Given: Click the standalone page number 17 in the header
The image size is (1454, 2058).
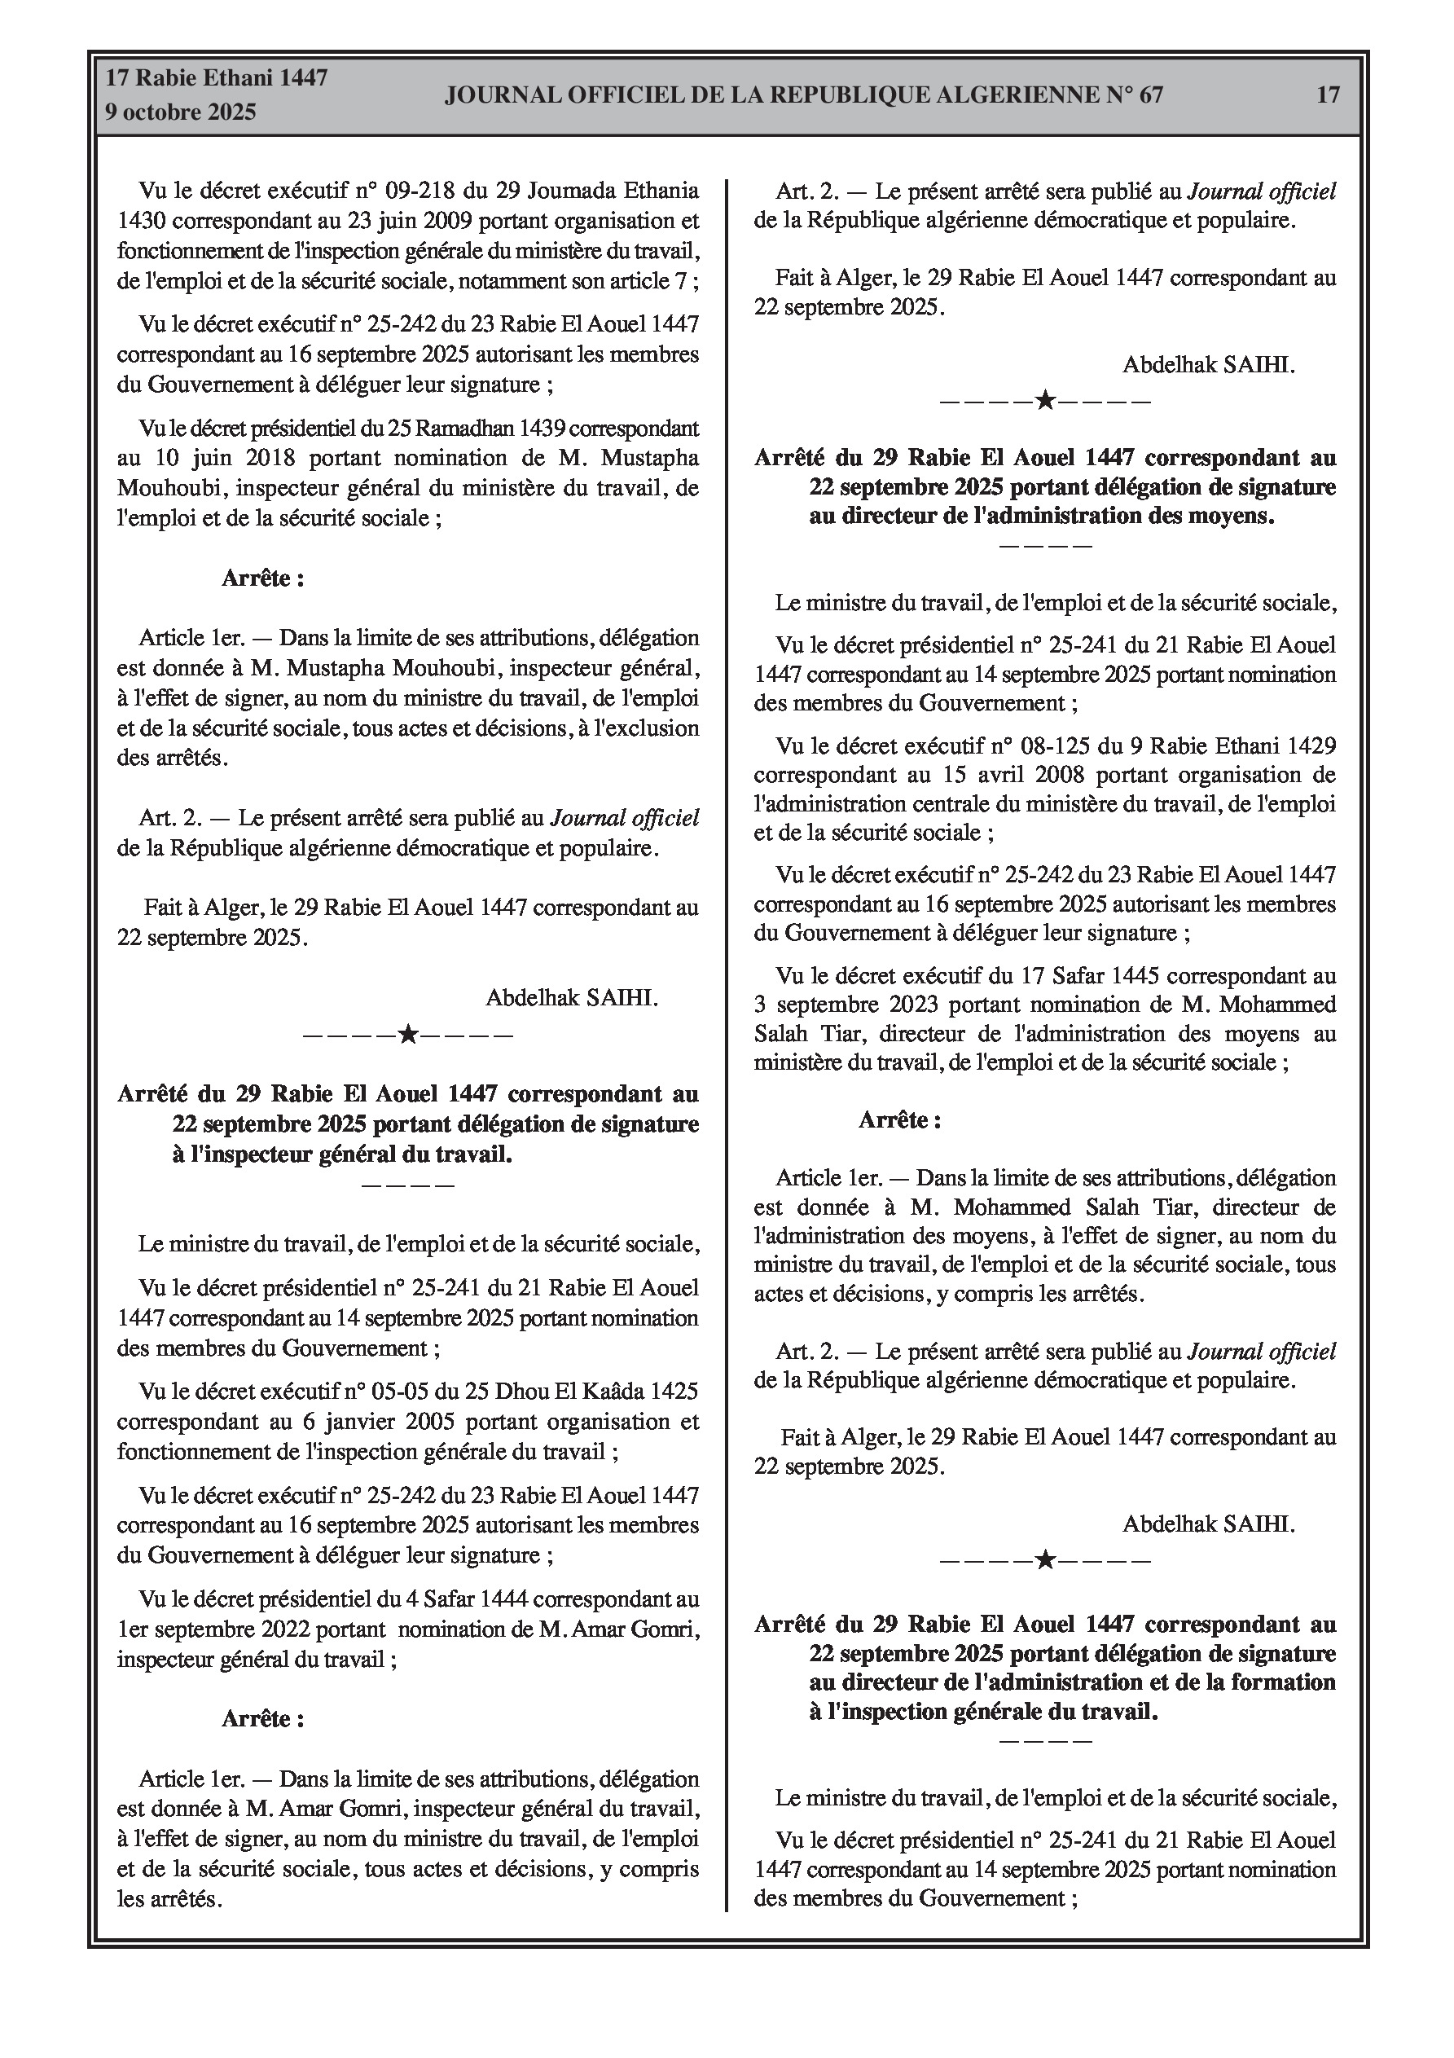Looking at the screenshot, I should pos(1328,95).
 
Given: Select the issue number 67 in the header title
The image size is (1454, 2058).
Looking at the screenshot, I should pos(1150,95).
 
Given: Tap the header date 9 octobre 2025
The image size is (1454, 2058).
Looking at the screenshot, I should pos(181,112).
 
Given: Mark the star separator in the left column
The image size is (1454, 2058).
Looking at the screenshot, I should pos(408,1036).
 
